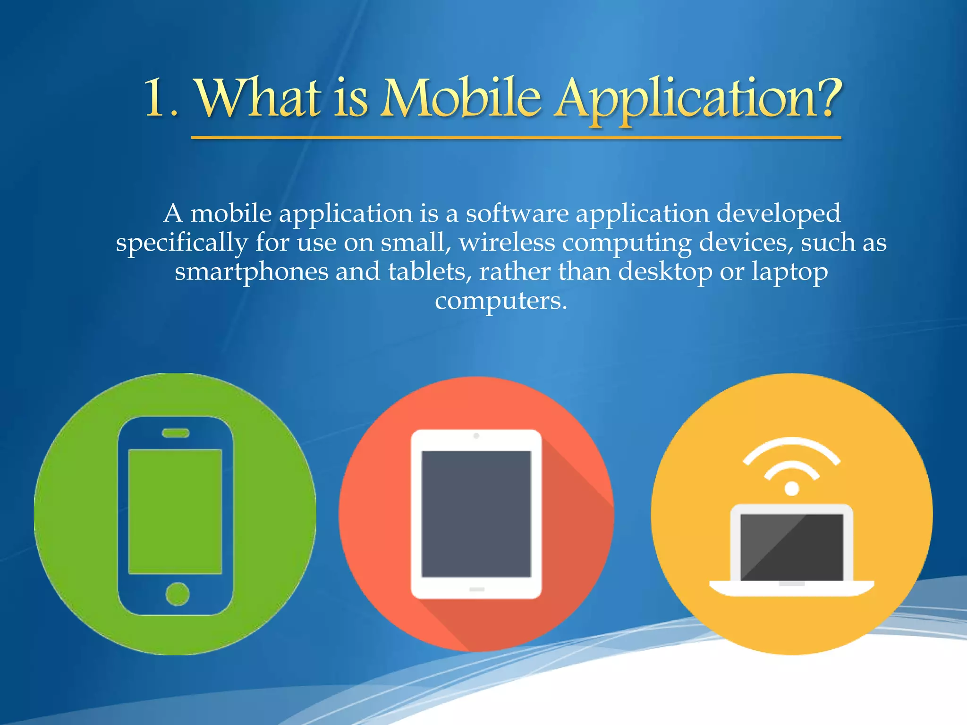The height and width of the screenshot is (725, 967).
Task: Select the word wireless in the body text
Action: (x=507, y=243)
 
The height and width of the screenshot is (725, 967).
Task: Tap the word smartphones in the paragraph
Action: (x=251, y=272)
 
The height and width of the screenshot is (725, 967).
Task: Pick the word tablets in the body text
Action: (x=426, y=271)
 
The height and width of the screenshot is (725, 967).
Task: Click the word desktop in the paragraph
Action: (x=665, y=272)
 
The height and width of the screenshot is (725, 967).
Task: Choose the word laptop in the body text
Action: (x=789, y=272)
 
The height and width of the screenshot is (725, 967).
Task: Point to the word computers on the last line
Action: (x=500, y=301)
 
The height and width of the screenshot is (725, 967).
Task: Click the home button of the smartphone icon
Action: (x=178, y=594)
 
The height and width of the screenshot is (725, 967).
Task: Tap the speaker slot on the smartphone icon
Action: (x=176, y=433)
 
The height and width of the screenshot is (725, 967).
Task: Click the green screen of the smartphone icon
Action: (x=175, y=511)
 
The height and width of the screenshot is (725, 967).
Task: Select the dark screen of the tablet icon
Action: (x=476, y=514)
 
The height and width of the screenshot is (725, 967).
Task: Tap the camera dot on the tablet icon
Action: (x=476, y=436)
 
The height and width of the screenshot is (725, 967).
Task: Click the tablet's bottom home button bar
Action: (x=476, y=589)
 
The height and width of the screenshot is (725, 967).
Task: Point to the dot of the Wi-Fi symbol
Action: (x=791, y=489)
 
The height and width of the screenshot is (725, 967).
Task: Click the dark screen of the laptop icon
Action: (x=791, y=547)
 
